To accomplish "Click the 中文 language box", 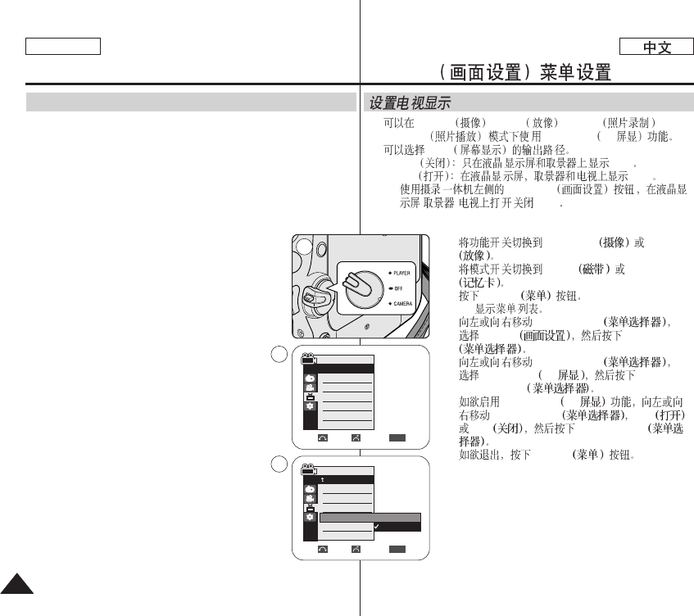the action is [x=657, y=47].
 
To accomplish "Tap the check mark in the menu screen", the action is [x=376, y=526].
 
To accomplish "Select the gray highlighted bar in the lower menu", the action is [x=370, y=518].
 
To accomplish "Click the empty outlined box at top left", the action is [x=63, y=47].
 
